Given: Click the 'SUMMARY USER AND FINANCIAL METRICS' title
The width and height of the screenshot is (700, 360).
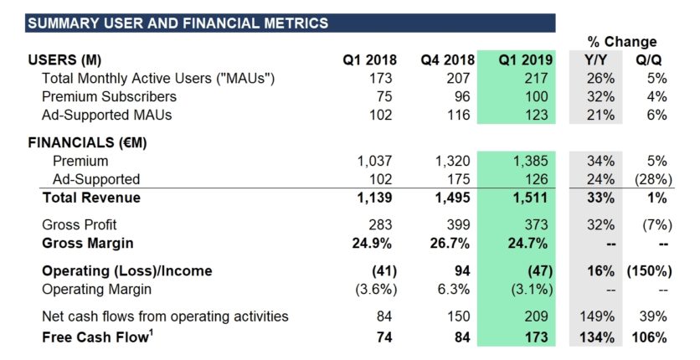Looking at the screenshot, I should [178, 23].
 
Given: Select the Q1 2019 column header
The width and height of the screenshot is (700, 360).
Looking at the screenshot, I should [525, 60].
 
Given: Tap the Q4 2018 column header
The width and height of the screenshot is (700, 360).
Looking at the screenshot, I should [447, 60].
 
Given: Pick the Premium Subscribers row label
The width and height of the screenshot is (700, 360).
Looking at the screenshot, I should [109, 96].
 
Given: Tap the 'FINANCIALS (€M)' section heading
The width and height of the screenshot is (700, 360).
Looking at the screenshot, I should [88, 142].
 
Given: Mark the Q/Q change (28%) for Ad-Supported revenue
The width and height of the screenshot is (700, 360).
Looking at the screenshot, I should [650, 179].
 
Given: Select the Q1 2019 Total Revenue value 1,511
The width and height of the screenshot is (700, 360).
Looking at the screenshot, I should [532, 198].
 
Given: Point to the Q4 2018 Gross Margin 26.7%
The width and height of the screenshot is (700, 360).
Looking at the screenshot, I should [453, 244].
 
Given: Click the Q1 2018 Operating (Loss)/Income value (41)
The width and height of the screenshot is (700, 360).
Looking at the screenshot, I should [381, 271].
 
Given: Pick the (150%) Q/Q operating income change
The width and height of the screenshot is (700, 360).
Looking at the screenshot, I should [646, 271].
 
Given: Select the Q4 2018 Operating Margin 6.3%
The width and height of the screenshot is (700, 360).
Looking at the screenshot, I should [456, 290].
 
